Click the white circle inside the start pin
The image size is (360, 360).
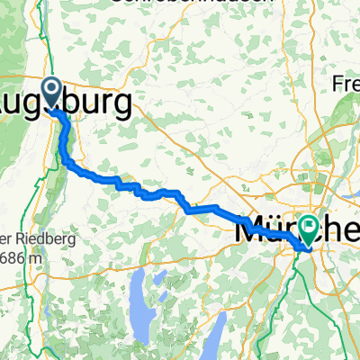pyautogui.click(x=50, y=88)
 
